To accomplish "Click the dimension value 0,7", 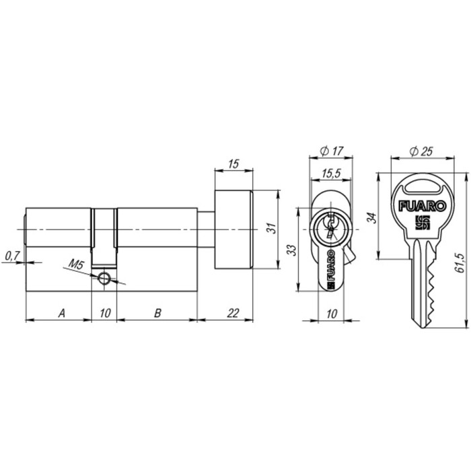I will point(12,255).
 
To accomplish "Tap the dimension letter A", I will point(61,313).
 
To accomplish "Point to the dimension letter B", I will point(157,313).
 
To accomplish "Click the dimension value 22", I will point(233,313).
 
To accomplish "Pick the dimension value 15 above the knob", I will point(233,164).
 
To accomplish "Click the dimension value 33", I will point(292,250).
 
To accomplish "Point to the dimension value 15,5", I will point(329,174).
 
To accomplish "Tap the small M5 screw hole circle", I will point(104,277).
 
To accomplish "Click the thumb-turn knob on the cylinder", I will point(233,229).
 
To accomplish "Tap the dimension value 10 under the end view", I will point(328,313).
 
